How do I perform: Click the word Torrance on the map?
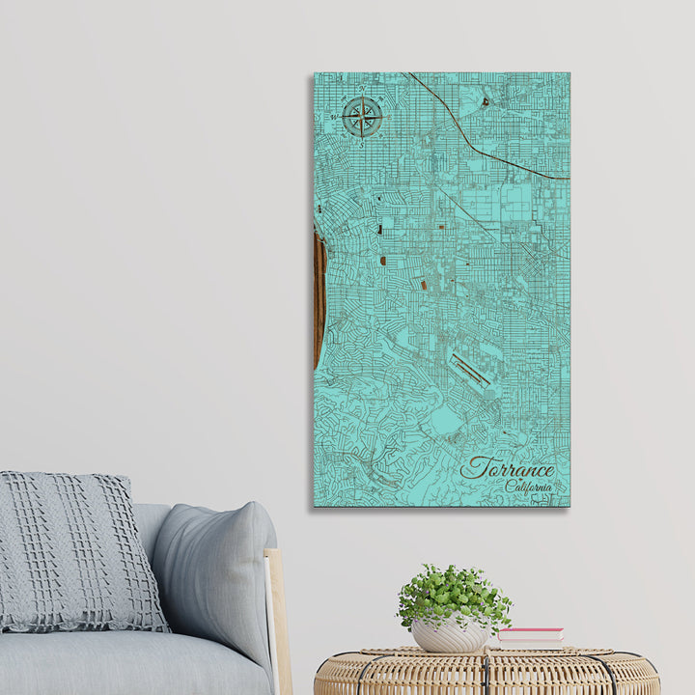pyautogui.click(x=508, y=469)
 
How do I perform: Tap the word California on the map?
pyautogui.click(x=528, y=486)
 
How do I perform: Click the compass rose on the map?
pyautogui.click(x=362, y=118)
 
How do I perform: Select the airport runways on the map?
pyautogui.click(x=470, y=370)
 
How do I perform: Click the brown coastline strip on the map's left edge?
pyautogui.click(x=319, y=299)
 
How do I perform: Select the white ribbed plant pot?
pyautogui.click(x=450, y=635)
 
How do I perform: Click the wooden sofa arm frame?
pyautogui.click(x=277, y=618)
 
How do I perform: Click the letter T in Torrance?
pyautogui.click(x=472, y=467)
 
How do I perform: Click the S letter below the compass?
pyautogui.click(x=362, y=143)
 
